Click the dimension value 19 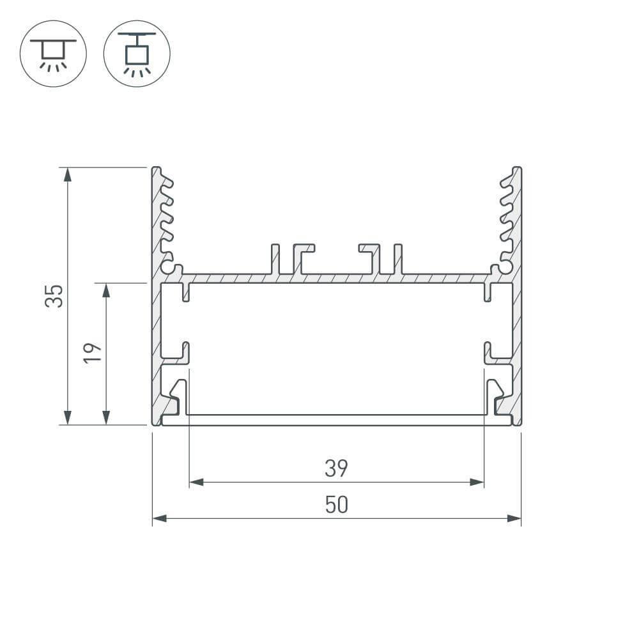[93, 353]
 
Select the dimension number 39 [336, 469]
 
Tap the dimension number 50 [336, 505]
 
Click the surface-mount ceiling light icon [53, 52]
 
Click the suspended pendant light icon [137, 52]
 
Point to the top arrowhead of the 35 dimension [66, 174]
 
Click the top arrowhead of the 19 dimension [106, 289]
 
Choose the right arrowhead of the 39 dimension [477, 482]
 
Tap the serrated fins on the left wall [166, 217]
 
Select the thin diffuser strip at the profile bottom [336, 420]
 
